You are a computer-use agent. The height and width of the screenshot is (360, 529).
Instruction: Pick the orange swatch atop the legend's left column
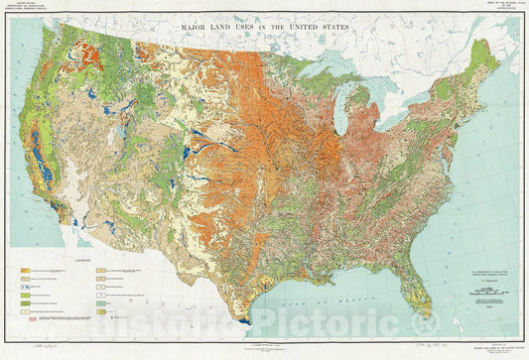[x=24, y=269]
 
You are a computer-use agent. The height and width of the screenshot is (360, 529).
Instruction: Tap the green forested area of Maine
[x=483, y=58]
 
